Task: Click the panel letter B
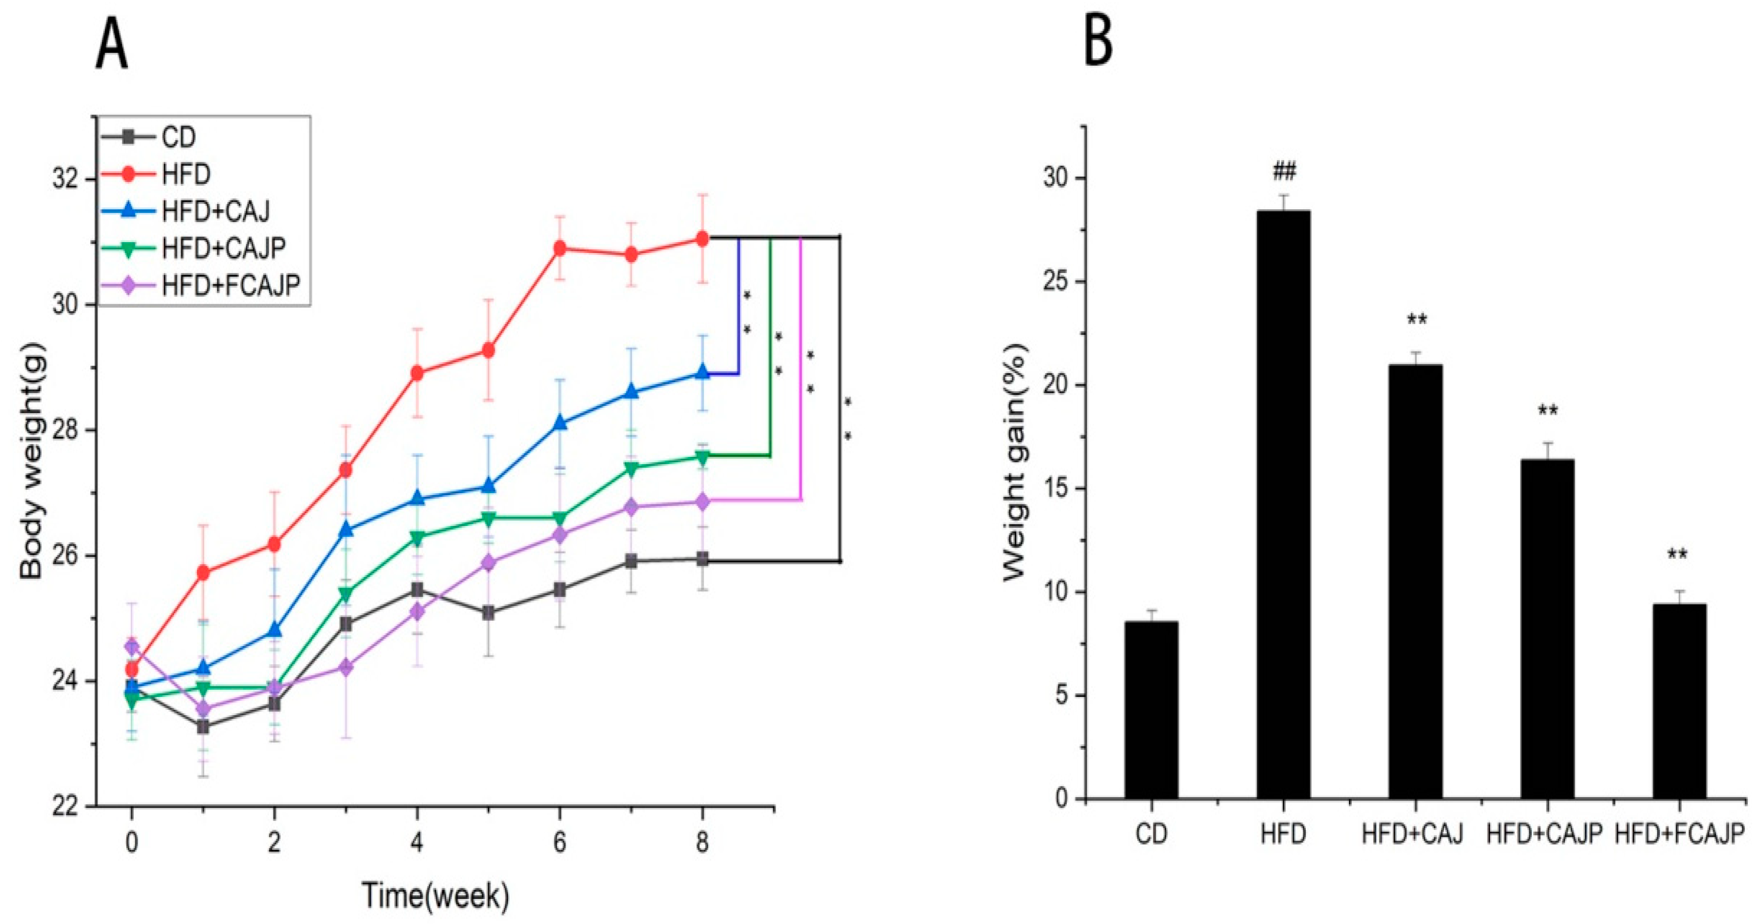tap(1099, 42)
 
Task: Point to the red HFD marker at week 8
tap(702, 239)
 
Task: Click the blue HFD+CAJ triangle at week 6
tap(560, 423)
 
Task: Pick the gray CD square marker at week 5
tap(488, 613)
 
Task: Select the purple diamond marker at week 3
tap(346, 668)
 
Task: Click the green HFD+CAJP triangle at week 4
tap(417, 538)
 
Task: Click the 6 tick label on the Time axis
tap(560, 843)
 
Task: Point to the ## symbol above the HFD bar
tap(1284, 172)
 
